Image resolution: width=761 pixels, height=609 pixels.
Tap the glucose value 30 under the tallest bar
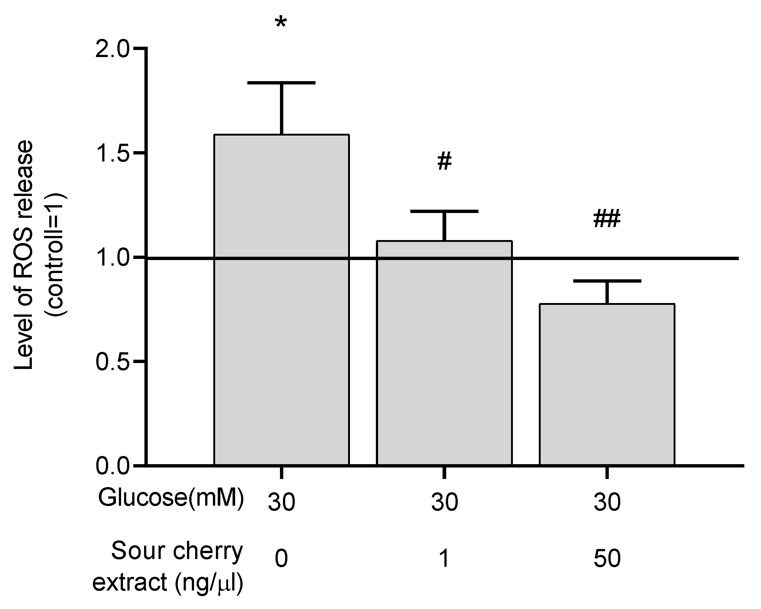[281, 503]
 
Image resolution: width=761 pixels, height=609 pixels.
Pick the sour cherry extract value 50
[607, 559]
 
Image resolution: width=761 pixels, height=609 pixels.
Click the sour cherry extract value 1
[444, 559]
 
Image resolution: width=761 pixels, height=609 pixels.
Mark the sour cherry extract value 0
[281, 559]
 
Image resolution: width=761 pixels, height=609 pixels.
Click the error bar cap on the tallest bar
[281, 83]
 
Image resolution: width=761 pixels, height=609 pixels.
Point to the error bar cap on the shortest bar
[607, 281]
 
